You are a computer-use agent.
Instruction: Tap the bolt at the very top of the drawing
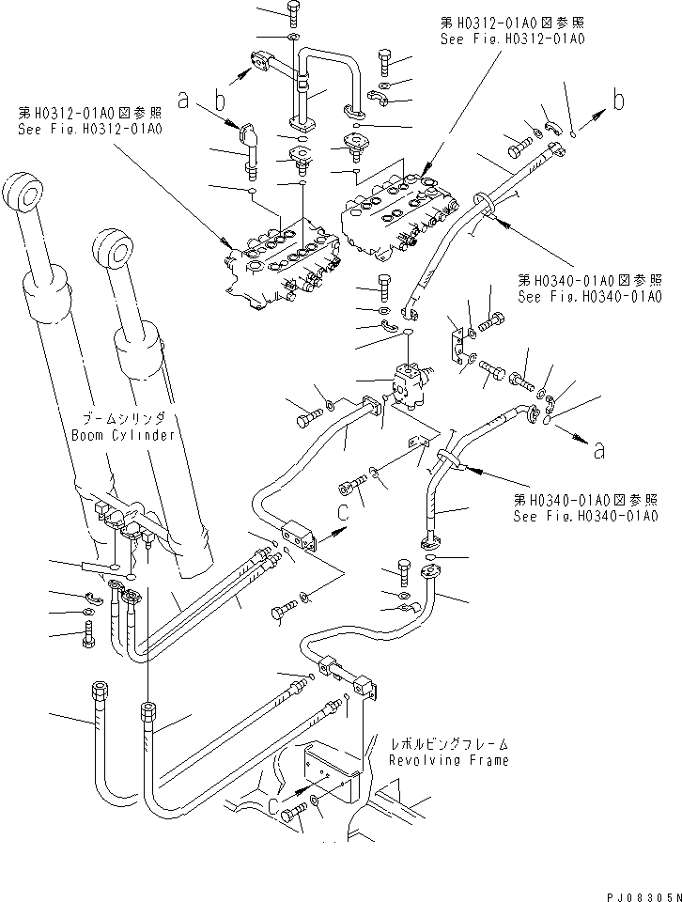pos(291,13)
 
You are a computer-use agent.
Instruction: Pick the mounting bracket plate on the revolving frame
pos(329,765)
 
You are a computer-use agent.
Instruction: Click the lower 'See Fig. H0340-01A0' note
pos(584,510)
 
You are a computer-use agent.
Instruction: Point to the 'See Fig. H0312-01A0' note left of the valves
pos(88,119)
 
